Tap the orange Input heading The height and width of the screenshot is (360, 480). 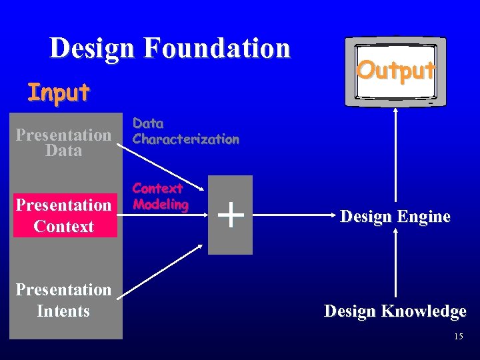(x=58, y=93)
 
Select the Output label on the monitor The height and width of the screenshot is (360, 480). (x=396, y=69)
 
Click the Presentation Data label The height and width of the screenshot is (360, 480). (x=63, y=143)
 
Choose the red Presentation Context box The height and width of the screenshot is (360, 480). (x=64, y=215)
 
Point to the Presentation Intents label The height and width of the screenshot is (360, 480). (x=63, y=300)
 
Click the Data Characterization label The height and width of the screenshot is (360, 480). (x=185, y=131)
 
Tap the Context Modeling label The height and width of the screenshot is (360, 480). (x=160, y=197)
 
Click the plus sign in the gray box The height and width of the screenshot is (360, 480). (x=230, y=215)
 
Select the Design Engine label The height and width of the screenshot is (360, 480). (x=395, y=216)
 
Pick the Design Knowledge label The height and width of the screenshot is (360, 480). (x=395, y=311)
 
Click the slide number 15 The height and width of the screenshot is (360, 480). (x=458, y=337)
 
